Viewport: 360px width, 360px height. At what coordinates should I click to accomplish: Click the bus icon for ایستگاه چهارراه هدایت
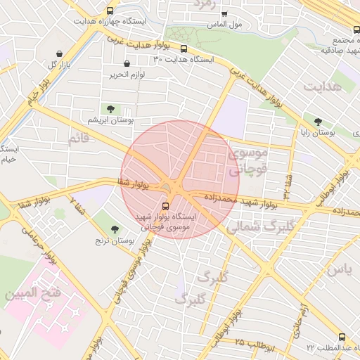tap(109, 11)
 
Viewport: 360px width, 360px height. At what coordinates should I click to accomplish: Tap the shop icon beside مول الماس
tap(224, 13)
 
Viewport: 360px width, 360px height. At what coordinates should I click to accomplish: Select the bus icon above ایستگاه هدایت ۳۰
tap(184, 49)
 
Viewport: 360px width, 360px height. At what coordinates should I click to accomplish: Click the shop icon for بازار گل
tap(58, 54)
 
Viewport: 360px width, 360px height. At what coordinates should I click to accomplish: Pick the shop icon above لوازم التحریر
tap(127, 63)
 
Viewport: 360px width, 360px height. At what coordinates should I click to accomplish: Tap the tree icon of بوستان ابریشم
tap(110, 108)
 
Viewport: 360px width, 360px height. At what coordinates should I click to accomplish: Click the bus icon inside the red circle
tap(165, 206)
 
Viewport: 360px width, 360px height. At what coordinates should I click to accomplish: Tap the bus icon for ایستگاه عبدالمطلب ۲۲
tap(342, 337)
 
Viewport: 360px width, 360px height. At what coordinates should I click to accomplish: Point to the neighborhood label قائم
tap(78, 139)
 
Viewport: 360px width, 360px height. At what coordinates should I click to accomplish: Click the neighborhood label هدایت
tap(322, 86)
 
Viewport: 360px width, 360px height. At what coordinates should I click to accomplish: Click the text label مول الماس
tap(225, 25)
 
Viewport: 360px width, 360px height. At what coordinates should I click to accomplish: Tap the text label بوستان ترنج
tap(114, 241)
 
